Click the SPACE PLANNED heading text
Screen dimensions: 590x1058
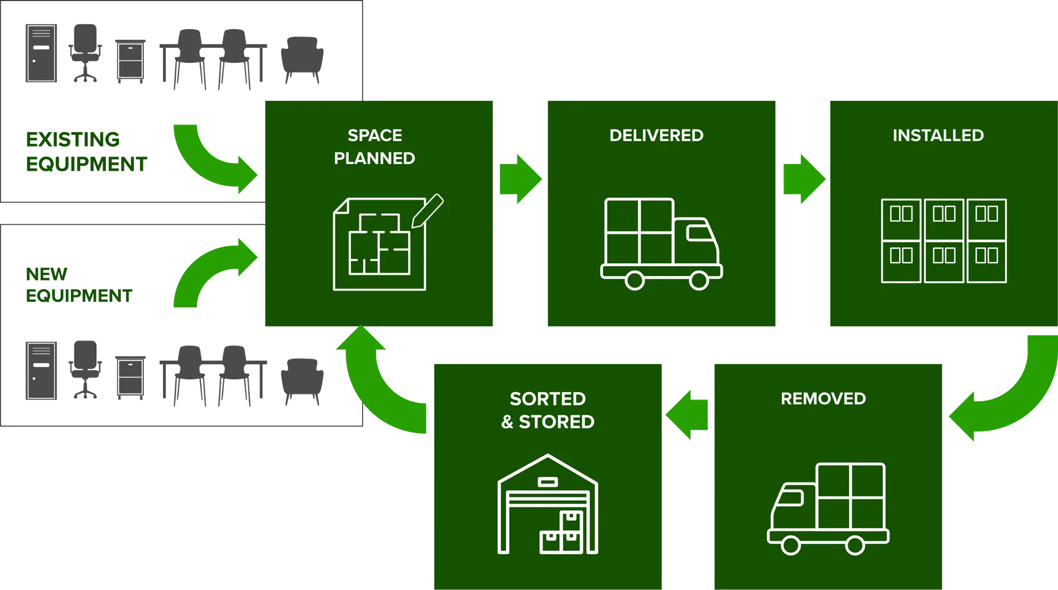click(x=375, y=147)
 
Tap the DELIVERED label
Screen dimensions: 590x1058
click(x=656, y=136)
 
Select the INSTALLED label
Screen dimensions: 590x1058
click(x=938, y=136)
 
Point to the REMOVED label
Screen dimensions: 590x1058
click(x=823, y=399)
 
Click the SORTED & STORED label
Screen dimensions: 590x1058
click(x=548, y=410)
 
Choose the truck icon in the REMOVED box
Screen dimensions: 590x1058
click(x=828, y=508)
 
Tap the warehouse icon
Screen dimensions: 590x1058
click(x=548, y=505)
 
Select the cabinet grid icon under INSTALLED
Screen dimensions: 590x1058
click(x=944, y=241)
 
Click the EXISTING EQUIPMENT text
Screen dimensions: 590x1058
click(x=85, y=152)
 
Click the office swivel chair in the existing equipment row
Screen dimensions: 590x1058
click(x=84, y=53)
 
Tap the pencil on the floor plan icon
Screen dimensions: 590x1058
click(x=428, y=210)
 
